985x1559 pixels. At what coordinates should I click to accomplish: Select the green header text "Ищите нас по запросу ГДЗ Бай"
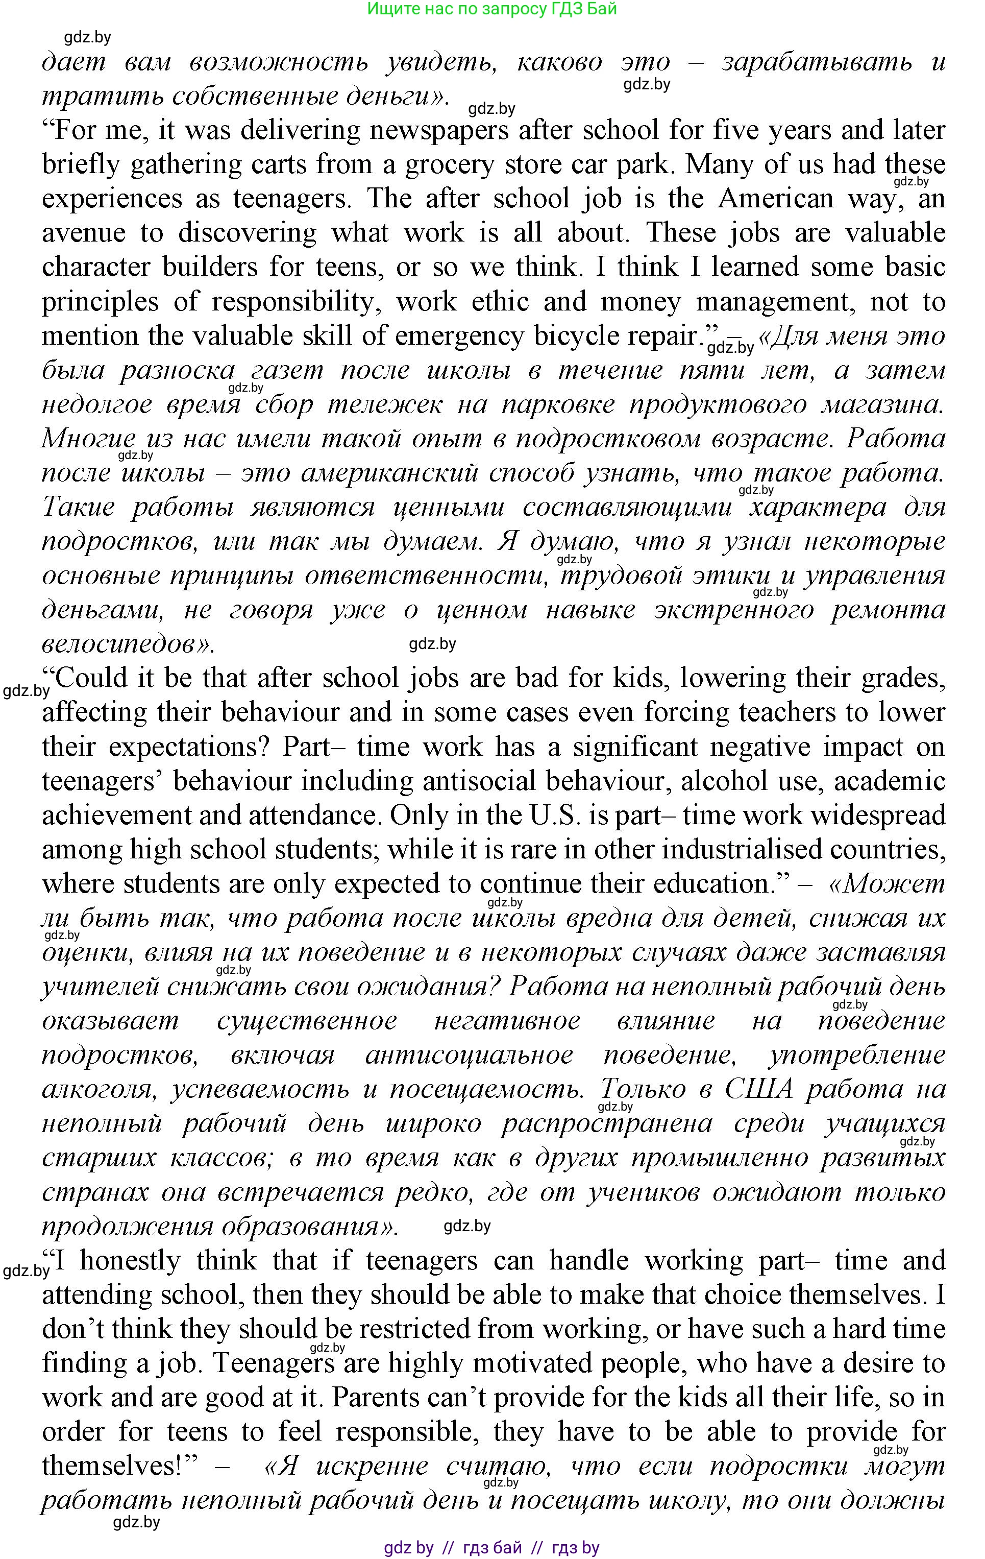[492, 9]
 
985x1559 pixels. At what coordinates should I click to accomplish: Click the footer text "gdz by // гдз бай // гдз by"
[492, 1547]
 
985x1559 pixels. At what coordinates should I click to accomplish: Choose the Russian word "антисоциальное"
[469, 1056]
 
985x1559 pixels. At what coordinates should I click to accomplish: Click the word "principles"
[101, 302]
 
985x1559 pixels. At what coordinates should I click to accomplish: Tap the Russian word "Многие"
[89, 439]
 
